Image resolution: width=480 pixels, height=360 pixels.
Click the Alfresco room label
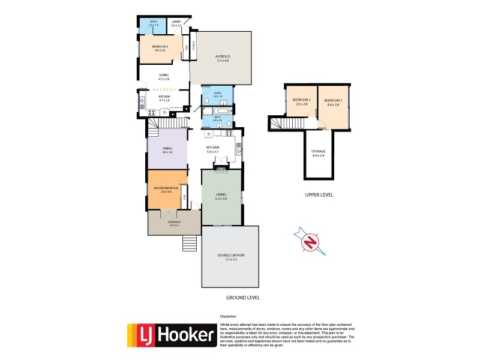tap(223, 58)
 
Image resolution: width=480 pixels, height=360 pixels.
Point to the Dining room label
tap(167, 151)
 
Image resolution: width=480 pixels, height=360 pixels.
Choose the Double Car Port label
tap(230, 257)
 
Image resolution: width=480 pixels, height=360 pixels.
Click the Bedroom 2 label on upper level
tap(301, 101)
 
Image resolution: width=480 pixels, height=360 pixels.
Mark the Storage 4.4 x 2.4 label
tap(318, 153)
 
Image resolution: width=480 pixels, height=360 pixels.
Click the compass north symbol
tap(310, 241)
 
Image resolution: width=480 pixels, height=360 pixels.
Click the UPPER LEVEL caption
tap(318, 195)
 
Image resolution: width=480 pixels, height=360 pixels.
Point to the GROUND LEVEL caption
tap(242, 298)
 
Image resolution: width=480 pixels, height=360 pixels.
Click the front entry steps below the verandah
tap(189, 243)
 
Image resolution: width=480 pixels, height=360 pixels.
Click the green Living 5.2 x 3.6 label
tap(220, 197)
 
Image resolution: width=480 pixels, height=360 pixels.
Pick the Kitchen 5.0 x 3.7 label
tap(212, 149)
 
